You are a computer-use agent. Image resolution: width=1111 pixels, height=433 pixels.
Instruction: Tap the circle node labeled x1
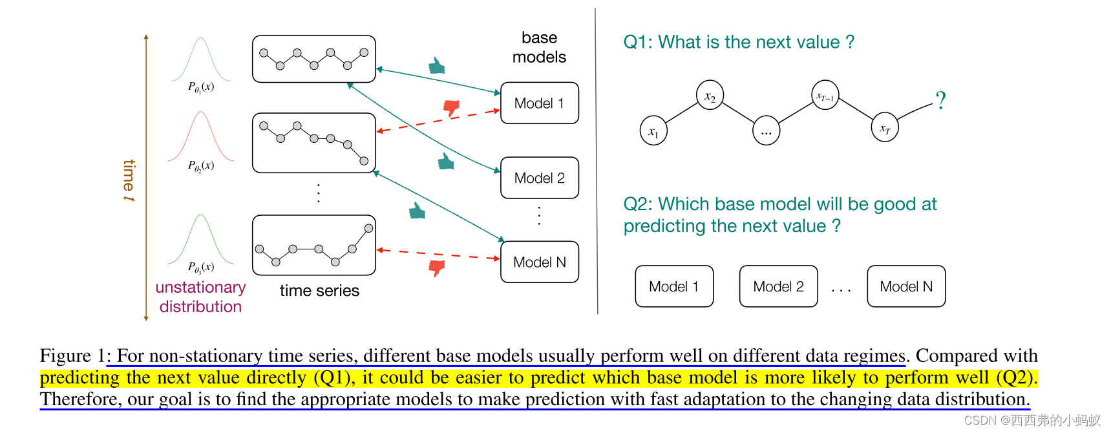click(x=653, y=131)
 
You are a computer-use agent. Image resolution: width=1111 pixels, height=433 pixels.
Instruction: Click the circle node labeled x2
click(x=710, y=96)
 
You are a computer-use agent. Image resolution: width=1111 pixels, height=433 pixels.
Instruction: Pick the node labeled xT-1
click(x=825, y=96)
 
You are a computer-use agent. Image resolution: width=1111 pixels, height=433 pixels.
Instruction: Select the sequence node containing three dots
click(x=766, y=131)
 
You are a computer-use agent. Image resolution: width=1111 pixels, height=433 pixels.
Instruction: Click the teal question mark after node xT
click(x=940, y=101)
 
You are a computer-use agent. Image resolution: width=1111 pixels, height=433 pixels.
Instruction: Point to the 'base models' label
click(x=539, y=47)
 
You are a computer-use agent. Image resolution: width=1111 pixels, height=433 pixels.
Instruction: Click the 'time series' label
click(x=319, y=291)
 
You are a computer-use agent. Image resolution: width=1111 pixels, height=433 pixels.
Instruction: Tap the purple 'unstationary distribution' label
click(x=200, y=297)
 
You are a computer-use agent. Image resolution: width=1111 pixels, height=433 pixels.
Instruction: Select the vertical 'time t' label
click(x=129, y=180)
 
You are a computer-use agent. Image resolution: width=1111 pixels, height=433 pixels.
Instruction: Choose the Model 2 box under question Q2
click(x=778, y=286)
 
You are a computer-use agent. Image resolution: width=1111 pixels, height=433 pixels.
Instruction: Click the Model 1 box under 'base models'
click(x=539, y=103)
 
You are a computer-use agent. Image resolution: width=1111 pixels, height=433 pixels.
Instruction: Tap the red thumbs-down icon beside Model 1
click(x=451, y=108)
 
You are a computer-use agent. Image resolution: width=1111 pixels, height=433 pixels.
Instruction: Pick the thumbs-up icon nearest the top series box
click(x=437, y=66)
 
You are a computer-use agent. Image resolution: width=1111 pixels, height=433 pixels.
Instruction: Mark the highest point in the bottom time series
click(x=368, y=228)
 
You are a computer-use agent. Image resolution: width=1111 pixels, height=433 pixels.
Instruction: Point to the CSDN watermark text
click(x=1032, y=421)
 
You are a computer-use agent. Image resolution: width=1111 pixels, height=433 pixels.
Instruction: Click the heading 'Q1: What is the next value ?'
click(x=738, y=42)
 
